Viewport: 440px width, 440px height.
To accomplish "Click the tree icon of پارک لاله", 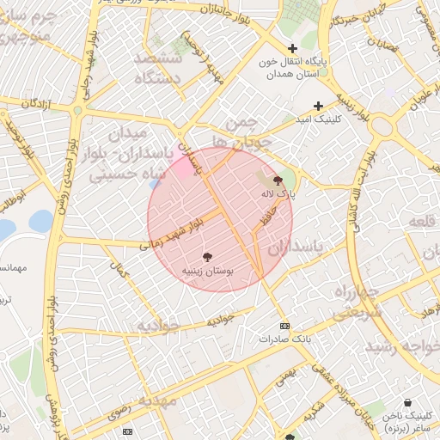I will (277, 180).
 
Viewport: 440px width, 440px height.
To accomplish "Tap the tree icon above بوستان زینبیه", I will (207, 256).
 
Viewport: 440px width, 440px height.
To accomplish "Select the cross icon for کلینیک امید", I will (318, 105).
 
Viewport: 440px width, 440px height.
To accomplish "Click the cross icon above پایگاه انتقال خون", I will (292, 49).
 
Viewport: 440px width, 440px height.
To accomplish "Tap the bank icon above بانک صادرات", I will (285, 326).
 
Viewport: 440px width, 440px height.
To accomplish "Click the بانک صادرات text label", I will (284, 339).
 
